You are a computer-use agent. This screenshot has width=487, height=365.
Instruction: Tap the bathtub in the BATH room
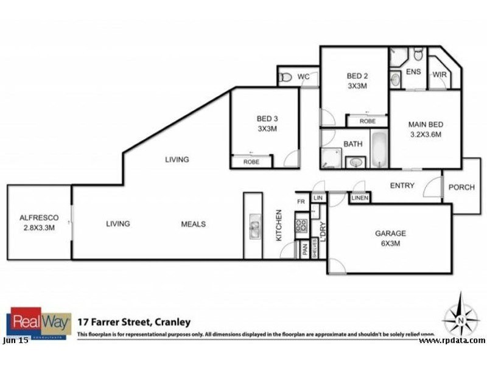[x=379, y=150]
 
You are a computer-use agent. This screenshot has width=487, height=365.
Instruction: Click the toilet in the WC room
[x=285, y=77]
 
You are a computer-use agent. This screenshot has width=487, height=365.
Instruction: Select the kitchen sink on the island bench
[x=253, y=228]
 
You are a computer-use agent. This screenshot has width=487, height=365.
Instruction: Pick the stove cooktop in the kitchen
[x=301, y=225]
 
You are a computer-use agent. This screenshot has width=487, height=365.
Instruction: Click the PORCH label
[x=461, y=187]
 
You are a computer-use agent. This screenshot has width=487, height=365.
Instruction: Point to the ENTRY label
[x=402, y=186]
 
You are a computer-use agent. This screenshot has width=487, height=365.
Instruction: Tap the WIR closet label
[x=440, y=74]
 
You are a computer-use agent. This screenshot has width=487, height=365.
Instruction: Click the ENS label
[x=413, y=71]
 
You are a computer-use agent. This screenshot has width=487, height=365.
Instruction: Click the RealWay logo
[x=38, y=323]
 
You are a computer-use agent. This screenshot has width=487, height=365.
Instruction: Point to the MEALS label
[x=193, y=224]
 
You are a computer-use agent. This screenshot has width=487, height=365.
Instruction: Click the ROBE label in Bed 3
[x=251, y=162]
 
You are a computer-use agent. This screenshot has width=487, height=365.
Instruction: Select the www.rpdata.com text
[x=452, y=340]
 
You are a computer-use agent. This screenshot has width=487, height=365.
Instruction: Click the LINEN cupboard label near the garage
[x=359, y=198]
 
